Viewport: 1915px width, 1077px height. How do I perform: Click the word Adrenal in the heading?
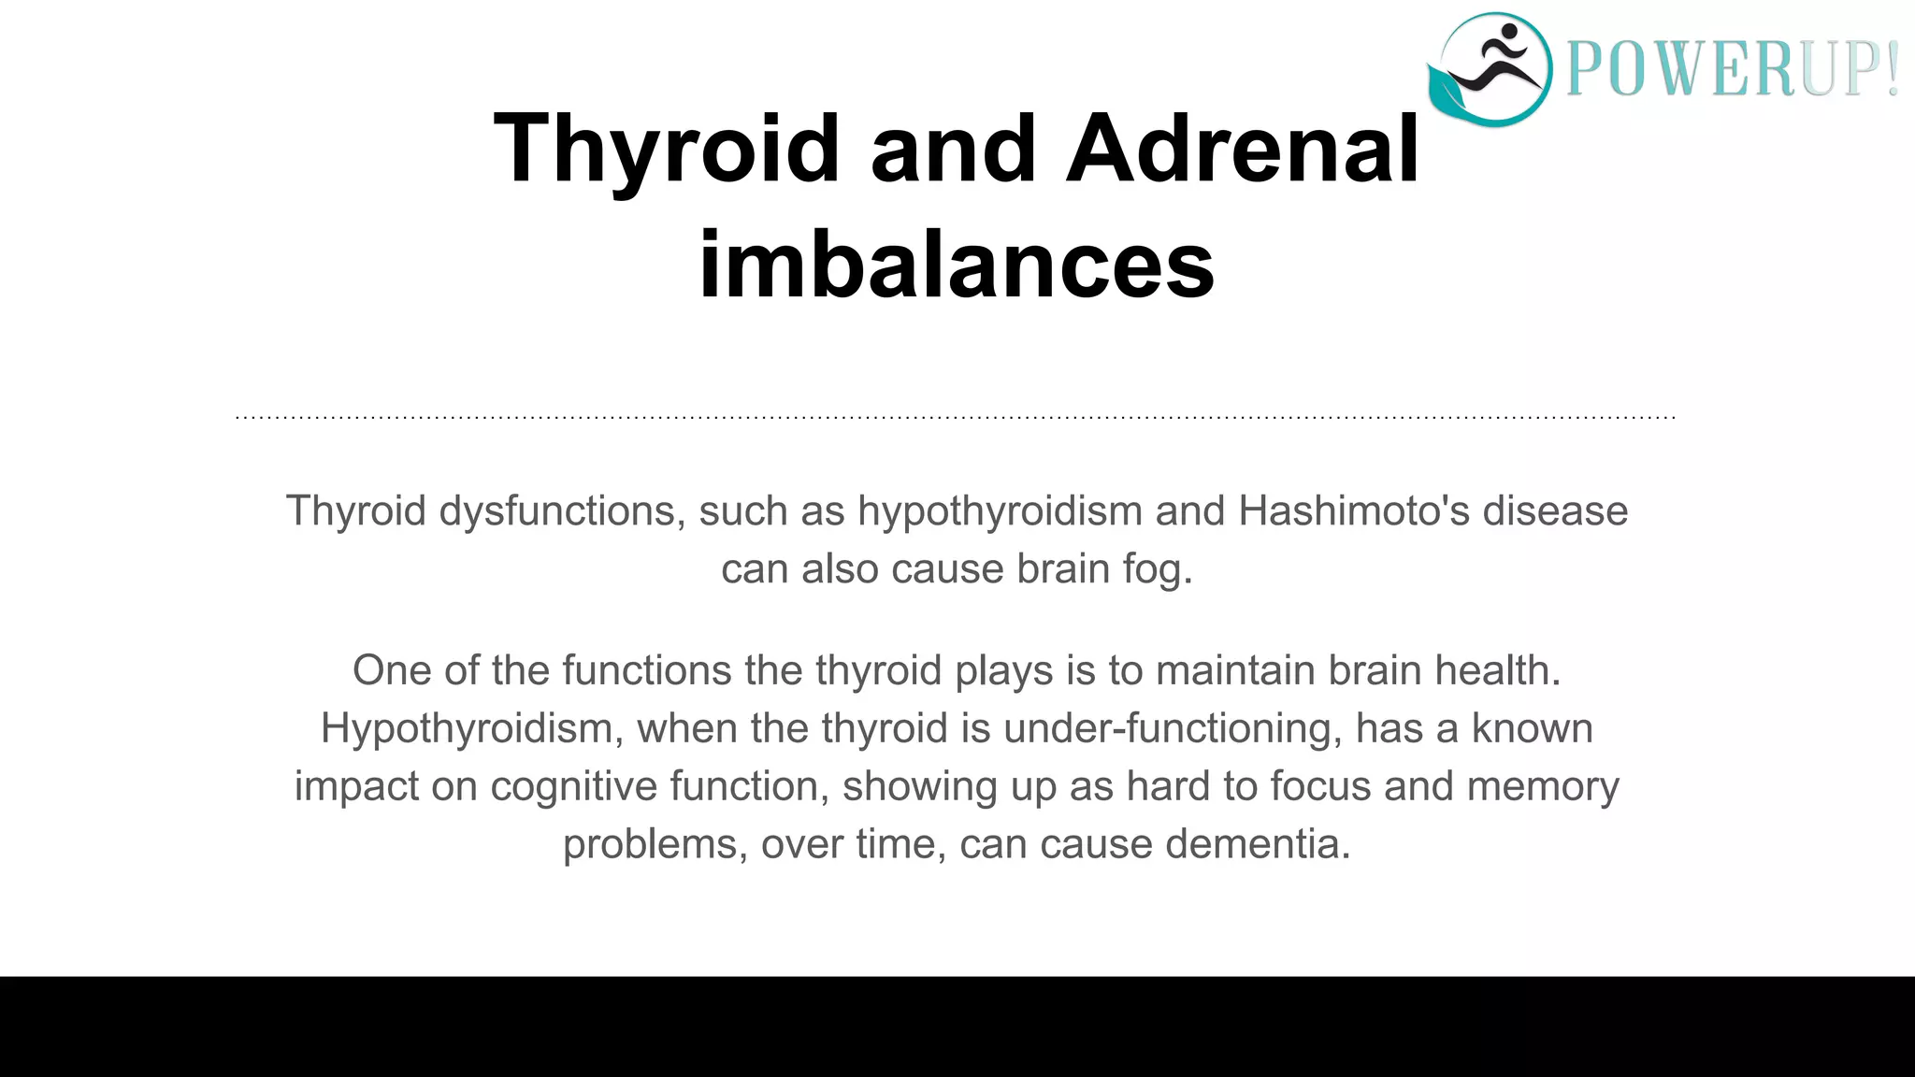click(x=1243, y=150)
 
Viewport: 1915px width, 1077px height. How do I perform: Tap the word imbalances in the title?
click(x=957, y=266)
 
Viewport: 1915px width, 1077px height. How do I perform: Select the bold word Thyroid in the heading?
click(x=667, y=150)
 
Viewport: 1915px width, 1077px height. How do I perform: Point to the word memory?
click(x=1543, y=786)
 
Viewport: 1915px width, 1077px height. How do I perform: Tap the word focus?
click(x=1320, y=786)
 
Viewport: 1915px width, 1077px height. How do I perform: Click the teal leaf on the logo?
click(x=1449, y=93)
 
